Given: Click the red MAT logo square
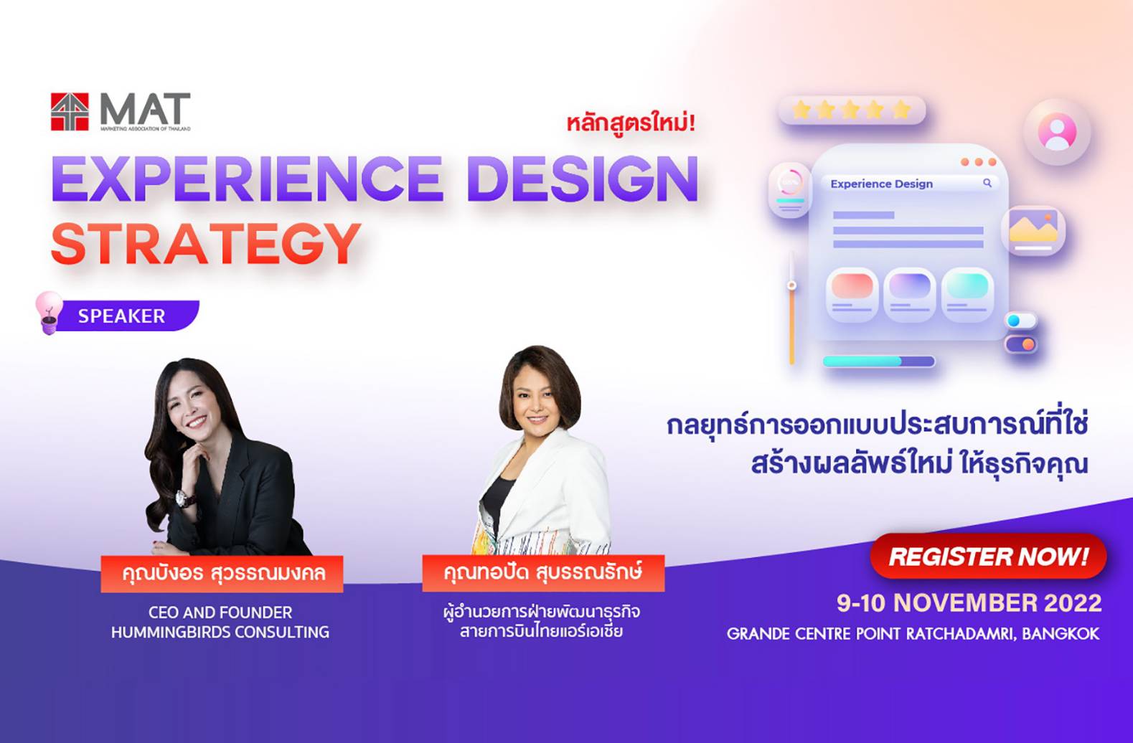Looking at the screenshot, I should [70, 112].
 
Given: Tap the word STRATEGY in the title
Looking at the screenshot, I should [206, 244].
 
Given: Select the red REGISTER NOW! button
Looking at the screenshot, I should [988, 557].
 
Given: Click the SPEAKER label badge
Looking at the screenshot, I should [122, 316].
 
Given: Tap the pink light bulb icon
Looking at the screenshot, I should [49, 311].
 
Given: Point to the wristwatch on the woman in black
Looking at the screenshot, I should [185, 498].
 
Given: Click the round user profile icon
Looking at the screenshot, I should [1057, 132].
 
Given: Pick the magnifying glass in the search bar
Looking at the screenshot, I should [987, 184].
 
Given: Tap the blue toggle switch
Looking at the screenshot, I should [1020, 321].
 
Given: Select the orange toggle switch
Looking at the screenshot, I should [1021, 345].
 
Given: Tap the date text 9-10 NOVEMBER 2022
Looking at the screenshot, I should [969, 603].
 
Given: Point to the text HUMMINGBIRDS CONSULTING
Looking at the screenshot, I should [220, 633].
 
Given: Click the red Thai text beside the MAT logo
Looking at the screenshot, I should [631, 123].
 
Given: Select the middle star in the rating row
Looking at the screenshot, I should [850, 110].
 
